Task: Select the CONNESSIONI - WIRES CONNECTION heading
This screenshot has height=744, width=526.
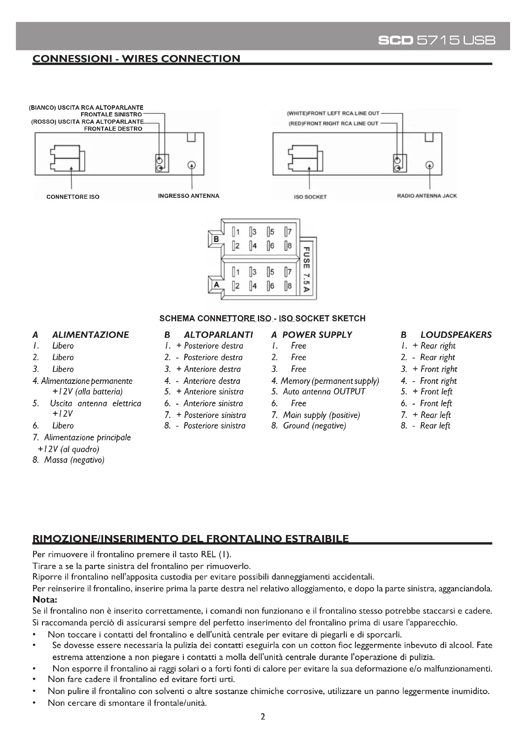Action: click(x=136, y=59)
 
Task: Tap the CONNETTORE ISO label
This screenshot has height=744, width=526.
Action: click(x=73, y=197)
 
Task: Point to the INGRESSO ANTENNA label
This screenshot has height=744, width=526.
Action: click(x=189, y=196)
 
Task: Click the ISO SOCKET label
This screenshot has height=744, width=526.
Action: click(x=310, y=197)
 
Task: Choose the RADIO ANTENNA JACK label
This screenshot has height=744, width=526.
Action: click(x=426, y=196)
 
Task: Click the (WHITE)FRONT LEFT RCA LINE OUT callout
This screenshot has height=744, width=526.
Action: click(x=333, y=114)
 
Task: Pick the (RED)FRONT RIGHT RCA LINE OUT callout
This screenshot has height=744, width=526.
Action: click(x=333, y=123)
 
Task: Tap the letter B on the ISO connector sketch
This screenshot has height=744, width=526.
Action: click(x=216, y=239)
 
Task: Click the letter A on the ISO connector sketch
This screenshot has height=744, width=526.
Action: click(x=216, y=284)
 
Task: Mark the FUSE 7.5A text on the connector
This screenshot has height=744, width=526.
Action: click(x=305, y=269)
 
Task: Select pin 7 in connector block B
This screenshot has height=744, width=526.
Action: click(x=288, y=232)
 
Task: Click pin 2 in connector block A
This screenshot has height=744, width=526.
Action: click(x=236, y=286)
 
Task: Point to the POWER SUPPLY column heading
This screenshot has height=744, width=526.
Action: click(x=317, y=335)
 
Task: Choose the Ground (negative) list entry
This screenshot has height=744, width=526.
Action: click(x=314, y=426)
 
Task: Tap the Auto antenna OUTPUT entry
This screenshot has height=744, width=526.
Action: click(x=324, y=392)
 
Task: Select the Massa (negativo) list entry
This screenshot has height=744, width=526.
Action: click(x=74, y=460)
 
